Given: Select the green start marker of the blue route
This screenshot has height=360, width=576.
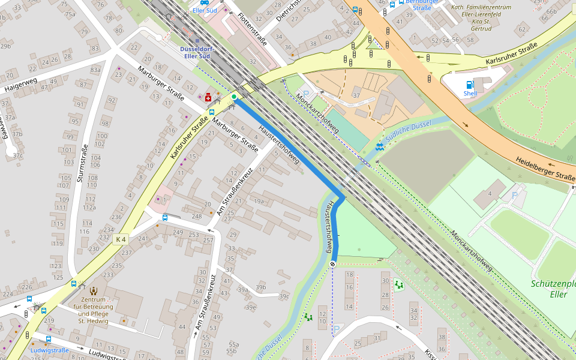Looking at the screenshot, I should click(x=234, y=97).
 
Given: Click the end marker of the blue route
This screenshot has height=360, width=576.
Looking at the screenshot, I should click(x=332, y=264).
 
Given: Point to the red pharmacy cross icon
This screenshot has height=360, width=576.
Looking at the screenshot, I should click(x=208, y=98).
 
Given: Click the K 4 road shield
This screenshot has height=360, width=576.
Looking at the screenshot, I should click(x=120, y=239).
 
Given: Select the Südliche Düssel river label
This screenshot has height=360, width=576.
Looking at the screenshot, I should click(x=408, y=131).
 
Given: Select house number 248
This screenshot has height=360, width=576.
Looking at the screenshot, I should click(x=196, y=216).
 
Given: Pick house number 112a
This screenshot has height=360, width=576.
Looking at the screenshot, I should click(x=89, y=208).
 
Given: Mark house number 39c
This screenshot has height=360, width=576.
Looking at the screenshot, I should click(x=284, y=296).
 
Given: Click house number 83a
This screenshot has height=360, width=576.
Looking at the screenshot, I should click(x=95, y=70).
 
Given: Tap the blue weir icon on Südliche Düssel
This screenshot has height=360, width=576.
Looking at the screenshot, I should click(x=379, y=147).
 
